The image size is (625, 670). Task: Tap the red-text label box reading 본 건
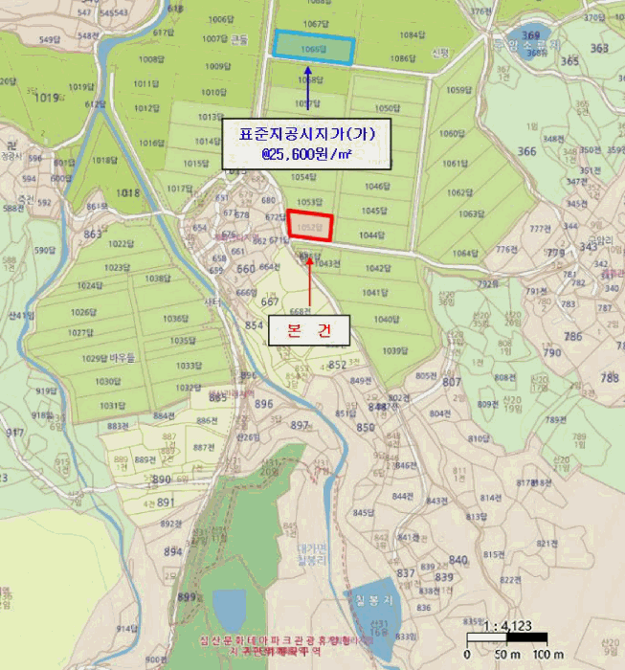(309, 330)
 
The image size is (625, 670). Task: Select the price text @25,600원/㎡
(307, 151)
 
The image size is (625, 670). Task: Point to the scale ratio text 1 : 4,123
(507, 626)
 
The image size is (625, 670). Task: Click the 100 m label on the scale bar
(547, 654)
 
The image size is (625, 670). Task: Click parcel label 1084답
(413, 34)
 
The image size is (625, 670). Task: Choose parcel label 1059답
(458, 90)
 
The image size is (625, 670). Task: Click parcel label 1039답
(395, 351)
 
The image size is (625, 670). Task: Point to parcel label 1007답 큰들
(225, 39)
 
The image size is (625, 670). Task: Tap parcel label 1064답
(464, 253)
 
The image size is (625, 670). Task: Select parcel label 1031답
(112, 405)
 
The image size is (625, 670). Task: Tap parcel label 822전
(511, 580)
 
